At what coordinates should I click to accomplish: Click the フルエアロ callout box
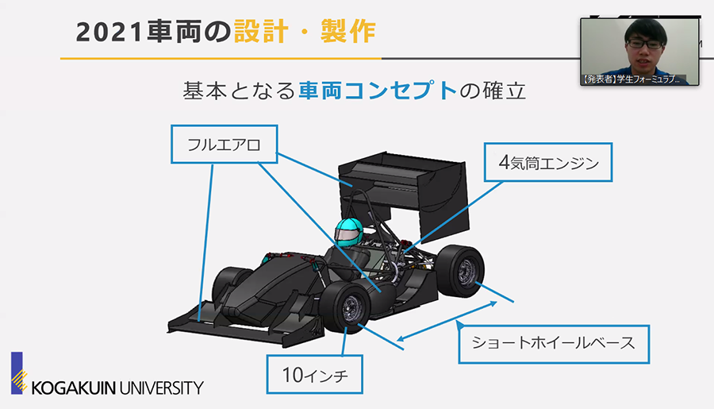224,145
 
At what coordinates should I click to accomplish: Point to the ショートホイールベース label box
553,343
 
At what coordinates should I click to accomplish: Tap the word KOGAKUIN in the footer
75,388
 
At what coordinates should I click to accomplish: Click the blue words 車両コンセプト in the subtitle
378,91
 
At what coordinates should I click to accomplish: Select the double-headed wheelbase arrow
448,323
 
